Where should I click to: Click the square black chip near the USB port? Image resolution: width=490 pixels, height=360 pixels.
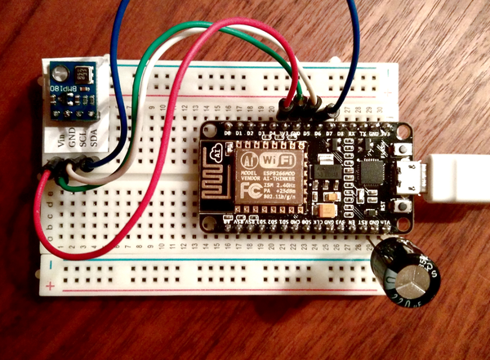(375, 174)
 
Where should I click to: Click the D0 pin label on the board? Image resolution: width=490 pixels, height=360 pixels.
(216, 131)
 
